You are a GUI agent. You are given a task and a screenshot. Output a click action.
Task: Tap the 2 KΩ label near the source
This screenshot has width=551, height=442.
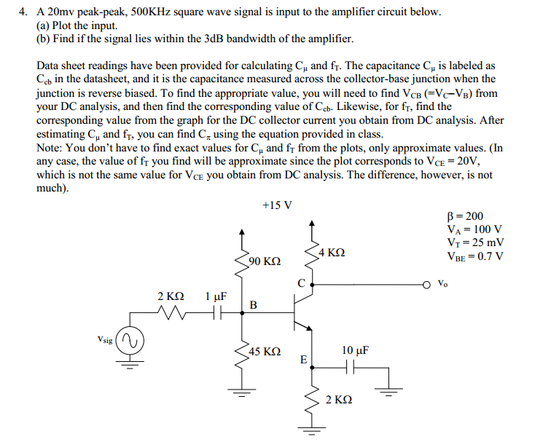click(171, 296)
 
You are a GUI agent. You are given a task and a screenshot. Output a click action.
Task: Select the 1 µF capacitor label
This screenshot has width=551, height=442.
click(216, 296)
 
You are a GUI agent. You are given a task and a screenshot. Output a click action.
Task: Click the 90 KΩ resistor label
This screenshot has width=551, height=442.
click(265, 261)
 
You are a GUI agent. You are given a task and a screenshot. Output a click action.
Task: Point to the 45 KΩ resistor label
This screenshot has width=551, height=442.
click(265, 352)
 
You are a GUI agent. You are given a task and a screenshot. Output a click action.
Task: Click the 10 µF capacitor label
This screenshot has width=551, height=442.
click(355, 350)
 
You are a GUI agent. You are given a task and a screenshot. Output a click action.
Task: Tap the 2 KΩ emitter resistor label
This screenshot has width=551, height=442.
click(340, 400)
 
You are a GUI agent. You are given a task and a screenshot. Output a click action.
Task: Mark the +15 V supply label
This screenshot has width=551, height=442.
click(277, 205)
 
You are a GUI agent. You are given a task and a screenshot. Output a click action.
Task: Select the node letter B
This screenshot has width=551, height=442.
click(253, 305)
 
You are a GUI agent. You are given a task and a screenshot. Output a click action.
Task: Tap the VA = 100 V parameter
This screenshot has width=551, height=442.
click(473, 230)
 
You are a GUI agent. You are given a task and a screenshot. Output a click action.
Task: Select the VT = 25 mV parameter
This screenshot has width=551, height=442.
click(475, 242)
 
